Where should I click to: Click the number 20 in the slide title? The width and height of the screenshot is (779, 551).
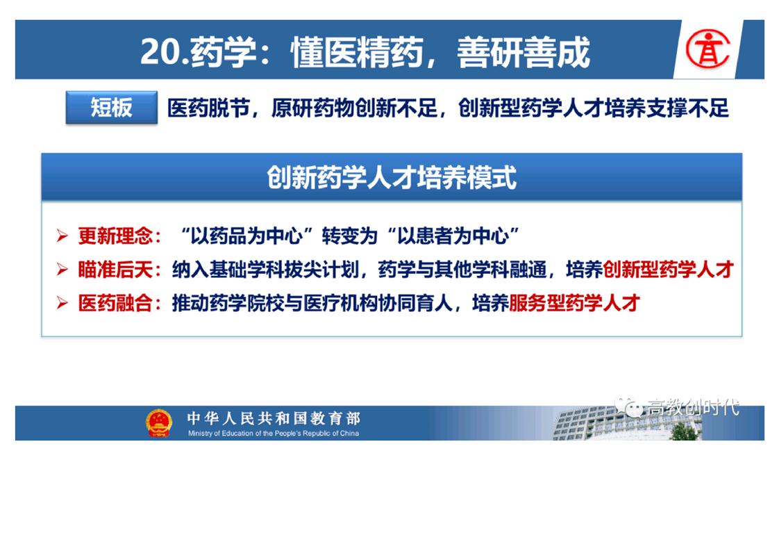pos(160,51)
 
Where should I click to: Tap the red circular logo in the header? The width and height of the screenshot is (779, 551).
pos(708,49)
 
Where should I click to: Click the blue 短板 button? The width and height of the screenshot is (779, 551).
pos(112,108)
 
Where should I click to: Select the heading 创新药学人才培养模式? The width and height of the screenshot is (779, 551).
pos(392,178)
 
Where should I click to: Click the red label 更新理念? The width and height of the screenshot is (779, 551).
pos(115,236)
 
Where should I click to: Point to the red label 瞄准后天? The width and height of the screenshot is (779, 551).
pos(115,270)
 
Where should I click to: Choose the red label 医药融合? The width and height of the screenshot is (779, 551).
pos(115,303)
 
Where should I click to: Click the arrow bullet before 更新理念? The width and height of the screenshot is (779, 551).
pos(62,236)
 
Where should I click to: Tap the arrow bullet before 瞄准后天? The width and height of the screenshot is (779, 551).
pos(62,269)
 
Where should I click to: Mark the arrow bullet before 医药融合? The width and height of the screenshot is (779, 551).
pos(62,302)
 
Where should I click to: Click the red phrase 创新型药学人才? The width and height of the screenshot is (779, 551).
pos(668,270)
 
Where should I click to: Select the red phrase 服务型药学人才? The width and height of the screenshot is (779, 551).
pos(574,303)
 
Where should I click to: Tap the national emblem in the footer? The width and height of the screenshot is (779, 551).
pos(158,422)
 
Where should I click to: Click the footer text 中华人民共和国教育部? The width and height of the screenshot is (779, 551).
pos(274,418)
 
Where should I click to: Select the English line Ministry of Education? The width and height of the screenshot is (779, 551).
pos(274,433)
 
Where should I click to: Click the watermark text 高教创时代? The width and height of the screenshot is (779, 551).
pos(692,407)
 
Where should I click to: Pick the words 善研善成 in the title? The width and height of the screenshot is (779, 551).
pos(523,51)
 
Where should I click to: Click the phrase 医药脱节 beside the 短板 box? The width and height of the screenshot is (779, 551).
pos(209,108)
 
